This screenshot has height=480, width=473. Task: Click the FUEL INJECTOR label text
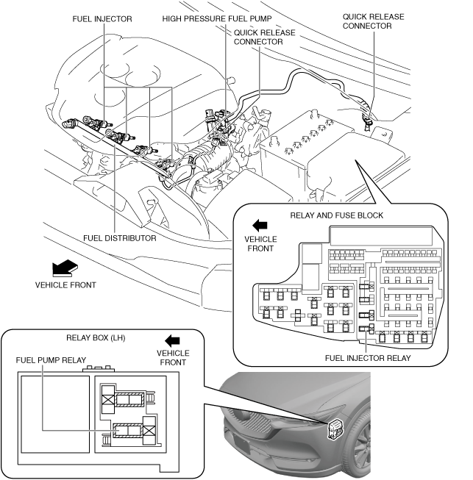102,19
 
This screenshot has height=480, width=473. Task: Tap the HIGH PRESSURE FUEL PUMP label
217,18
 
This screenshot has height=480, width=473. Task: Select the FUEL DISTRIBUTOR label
120,238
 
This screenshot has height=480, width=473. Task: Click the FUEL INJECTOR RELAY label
368,358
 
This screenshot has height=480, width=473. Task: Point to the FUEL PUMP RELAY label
51,360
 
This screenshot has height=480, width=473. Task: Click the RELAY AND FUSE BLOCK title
337,215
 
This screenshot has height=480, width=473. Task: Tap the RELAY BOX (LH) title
96,337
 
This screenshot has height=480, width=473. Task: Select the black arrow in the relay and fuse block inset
260,226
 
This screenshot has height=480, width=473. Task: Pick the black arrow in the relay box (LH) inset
172,341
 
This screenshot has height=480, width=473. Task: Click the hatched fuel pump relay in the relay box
128,431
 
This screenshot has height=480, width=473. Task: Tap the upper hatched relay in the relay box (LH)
129,399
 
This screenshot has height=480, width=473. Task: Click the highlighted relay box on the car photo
335,429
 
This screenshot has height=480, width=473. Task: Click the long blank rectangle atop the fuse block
381,236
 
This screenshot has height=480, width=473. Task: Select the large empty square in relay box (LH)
55,414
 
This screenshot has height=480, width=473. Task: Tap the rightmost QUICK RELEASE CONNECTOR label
373,21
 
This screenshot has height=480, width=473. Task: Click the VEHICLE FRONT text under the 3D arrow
65,285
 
